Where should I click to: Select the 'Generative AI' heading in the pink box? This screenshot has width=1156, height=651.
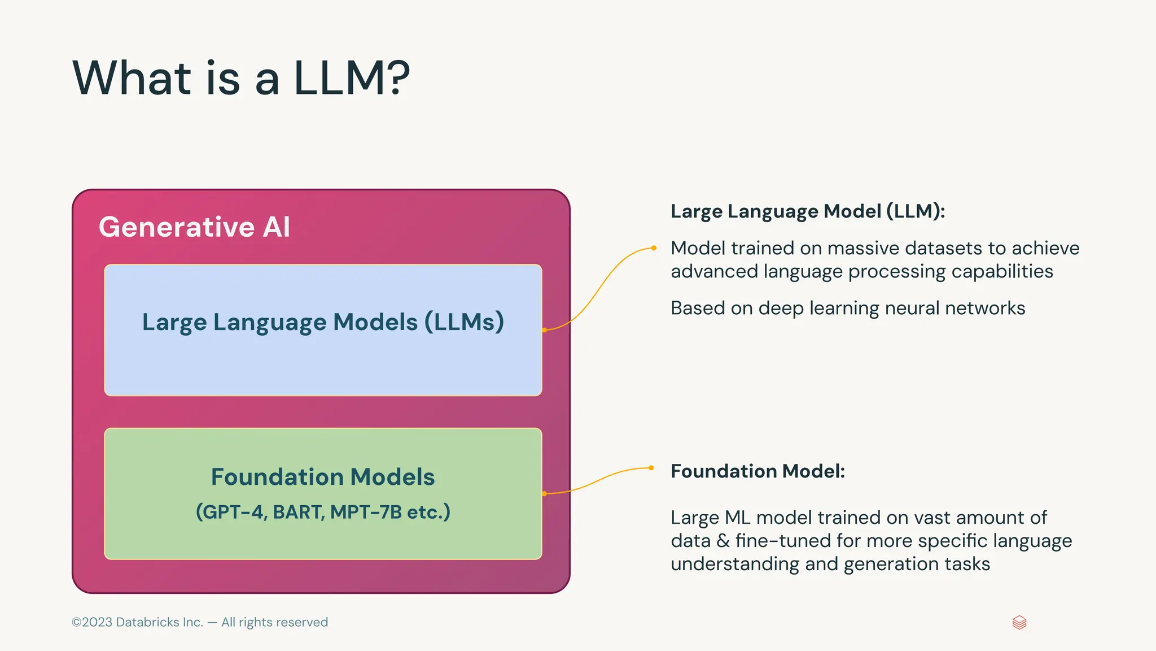click(x=194, y=227)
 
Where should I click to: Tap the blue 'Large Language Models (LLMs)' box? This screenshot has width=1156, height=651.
click(x=323, y=362)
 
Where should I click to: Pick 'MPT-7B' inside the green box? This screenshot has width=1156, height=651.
click(x=366, y=512)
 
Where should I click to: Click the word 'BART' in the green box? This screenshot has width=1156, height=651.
click(x=298, y=512)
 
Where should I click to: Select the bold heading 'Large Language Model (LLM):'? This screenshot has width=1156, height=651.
click(x=808, y=211)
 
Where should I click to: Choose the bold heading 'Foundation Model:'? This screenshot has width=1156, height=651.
click(x=757, y=471)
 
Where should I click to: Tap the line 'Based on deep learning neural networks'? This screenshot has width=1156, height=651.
click(x=848, y=309)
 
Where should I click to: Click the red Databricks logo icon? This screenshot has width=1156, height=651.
click(x=1019, y=623)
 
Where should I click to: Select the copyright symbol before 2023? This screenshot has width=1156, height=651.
click(x=77, y=623)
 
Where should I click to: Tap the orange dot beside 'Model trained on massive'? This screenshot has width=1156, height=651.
click(x=654, y=248)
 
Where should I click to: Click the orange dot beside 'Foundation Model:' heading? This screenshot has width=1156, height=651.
click(x=651, y=468)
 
